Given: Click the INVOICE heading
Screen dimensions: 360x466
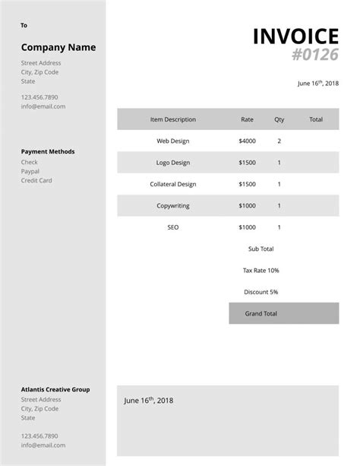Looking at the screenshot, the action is click(295, 36).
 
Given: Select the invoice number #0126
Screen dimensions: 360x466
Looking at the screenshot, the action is click(314, 55).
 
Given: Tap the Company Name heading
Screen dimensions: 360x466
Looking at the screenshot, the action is click(58, 47).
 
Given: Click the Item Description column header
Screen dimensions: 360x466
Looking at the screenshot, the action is click(173, 119).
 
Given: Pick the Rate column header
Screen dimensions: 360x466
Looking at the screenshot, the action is click(247, 119).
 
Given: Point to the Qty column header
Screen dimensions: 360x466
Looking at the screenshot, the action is click(279, 119).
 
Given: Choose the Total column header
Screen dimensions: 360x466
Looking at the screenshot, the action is click(316, 119).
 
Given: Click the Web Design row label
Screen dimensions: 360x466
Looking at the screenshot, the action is click(173, 141).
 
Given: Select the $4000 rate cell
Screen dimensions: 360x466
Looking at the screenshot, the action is click(247, 141).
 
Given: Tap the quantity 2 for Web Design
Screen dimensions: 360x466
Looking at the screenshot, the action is click(279, 141).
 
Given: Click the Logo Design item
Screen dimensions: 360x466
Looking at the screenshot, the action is click(173, 162).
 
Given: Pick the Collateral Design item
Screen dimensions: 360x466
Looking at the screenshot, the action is click(173, 184).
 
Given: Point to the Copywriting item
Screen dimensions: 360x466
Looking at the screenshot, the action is click(173, 205).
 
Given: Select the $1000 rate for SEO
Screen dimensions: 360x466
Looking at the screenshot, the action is click(247, 227).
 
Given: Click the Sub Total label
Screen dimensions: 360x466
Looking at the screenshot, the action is click(261, 249).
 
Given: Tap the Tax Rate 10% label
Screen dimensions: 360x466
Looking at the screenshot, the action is click(261, 270).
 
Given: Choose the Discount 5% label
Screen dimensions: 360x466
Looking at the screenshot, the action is click(261, 292).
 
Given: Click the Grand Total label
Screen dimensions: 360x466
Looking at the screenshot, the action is click(261, 313).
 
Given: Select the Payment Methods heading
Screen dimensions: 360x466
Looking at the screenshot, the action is click(48, 151).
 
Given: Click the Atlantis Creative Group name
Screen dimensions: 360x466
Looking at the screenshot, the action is click(55, 389).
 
